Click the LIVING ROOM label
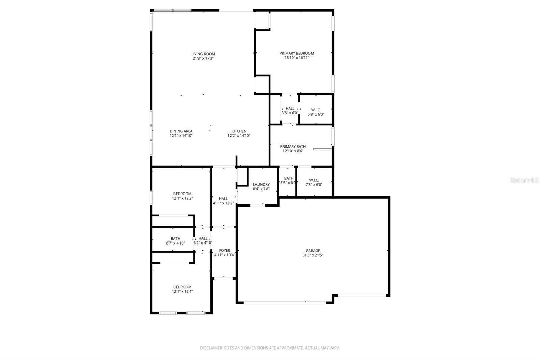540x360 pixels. click(203, 54)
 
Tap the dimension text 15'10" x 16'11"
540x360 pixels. click(297, 58)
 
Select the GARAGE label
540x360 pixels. click(313, 251)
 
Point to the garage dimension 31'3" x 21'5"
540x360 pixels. click(313, 255)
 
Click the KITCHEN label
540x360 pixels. click(239, 131)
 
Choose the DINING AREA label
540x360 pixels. click(181, 131)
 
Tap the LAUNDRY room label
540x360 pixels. click(261, 185)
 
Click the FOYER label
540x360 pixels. click(224, 251)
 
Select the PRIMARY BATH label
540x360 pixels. click(293, 147)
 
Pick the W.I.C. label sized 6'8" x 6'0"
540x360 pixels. click(316, 110)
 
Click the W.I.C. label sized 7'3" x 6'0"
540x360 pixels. click(314, 180)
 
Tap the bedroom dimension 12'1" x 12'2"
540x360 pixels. click(182, 199)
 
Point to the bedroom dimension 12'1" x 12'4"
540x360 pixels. click(182, 292)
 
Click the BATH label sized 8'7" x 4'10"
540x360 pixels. click(175, 239)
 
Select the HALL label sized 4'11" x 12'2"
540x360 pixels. click(223, 199)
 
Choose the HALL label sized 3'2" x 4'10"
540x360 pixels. click(203, 239)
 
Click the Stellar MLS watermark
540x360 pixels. click(524, 180)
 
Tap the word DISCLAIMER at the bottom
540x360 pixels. click(212, 348)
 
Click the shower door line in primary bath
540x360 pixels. click(322, 149)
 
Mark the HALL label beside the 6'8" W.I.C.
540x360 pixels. click(290, 109)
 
